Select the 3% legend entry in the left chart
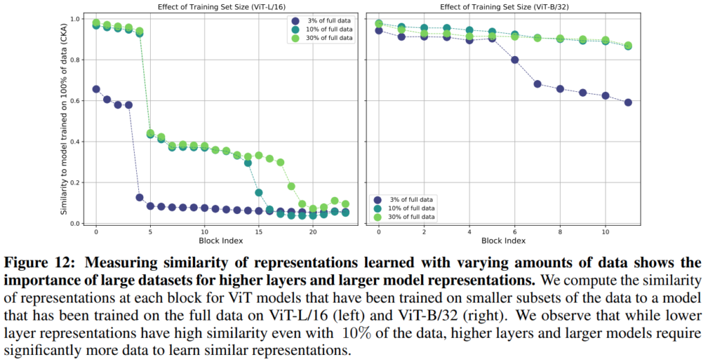point(324,21)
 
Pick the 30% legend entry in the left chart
point(324,38)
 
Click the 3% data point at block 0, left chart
point(96,89)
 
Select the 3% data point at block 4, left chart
point(139,198)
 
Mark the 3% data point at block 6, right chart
point(514,59)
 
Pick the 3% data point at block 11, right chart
point(628,102)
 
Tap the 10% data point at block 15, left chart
point(259,193)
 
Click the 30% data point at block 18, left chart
point(291,186)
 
